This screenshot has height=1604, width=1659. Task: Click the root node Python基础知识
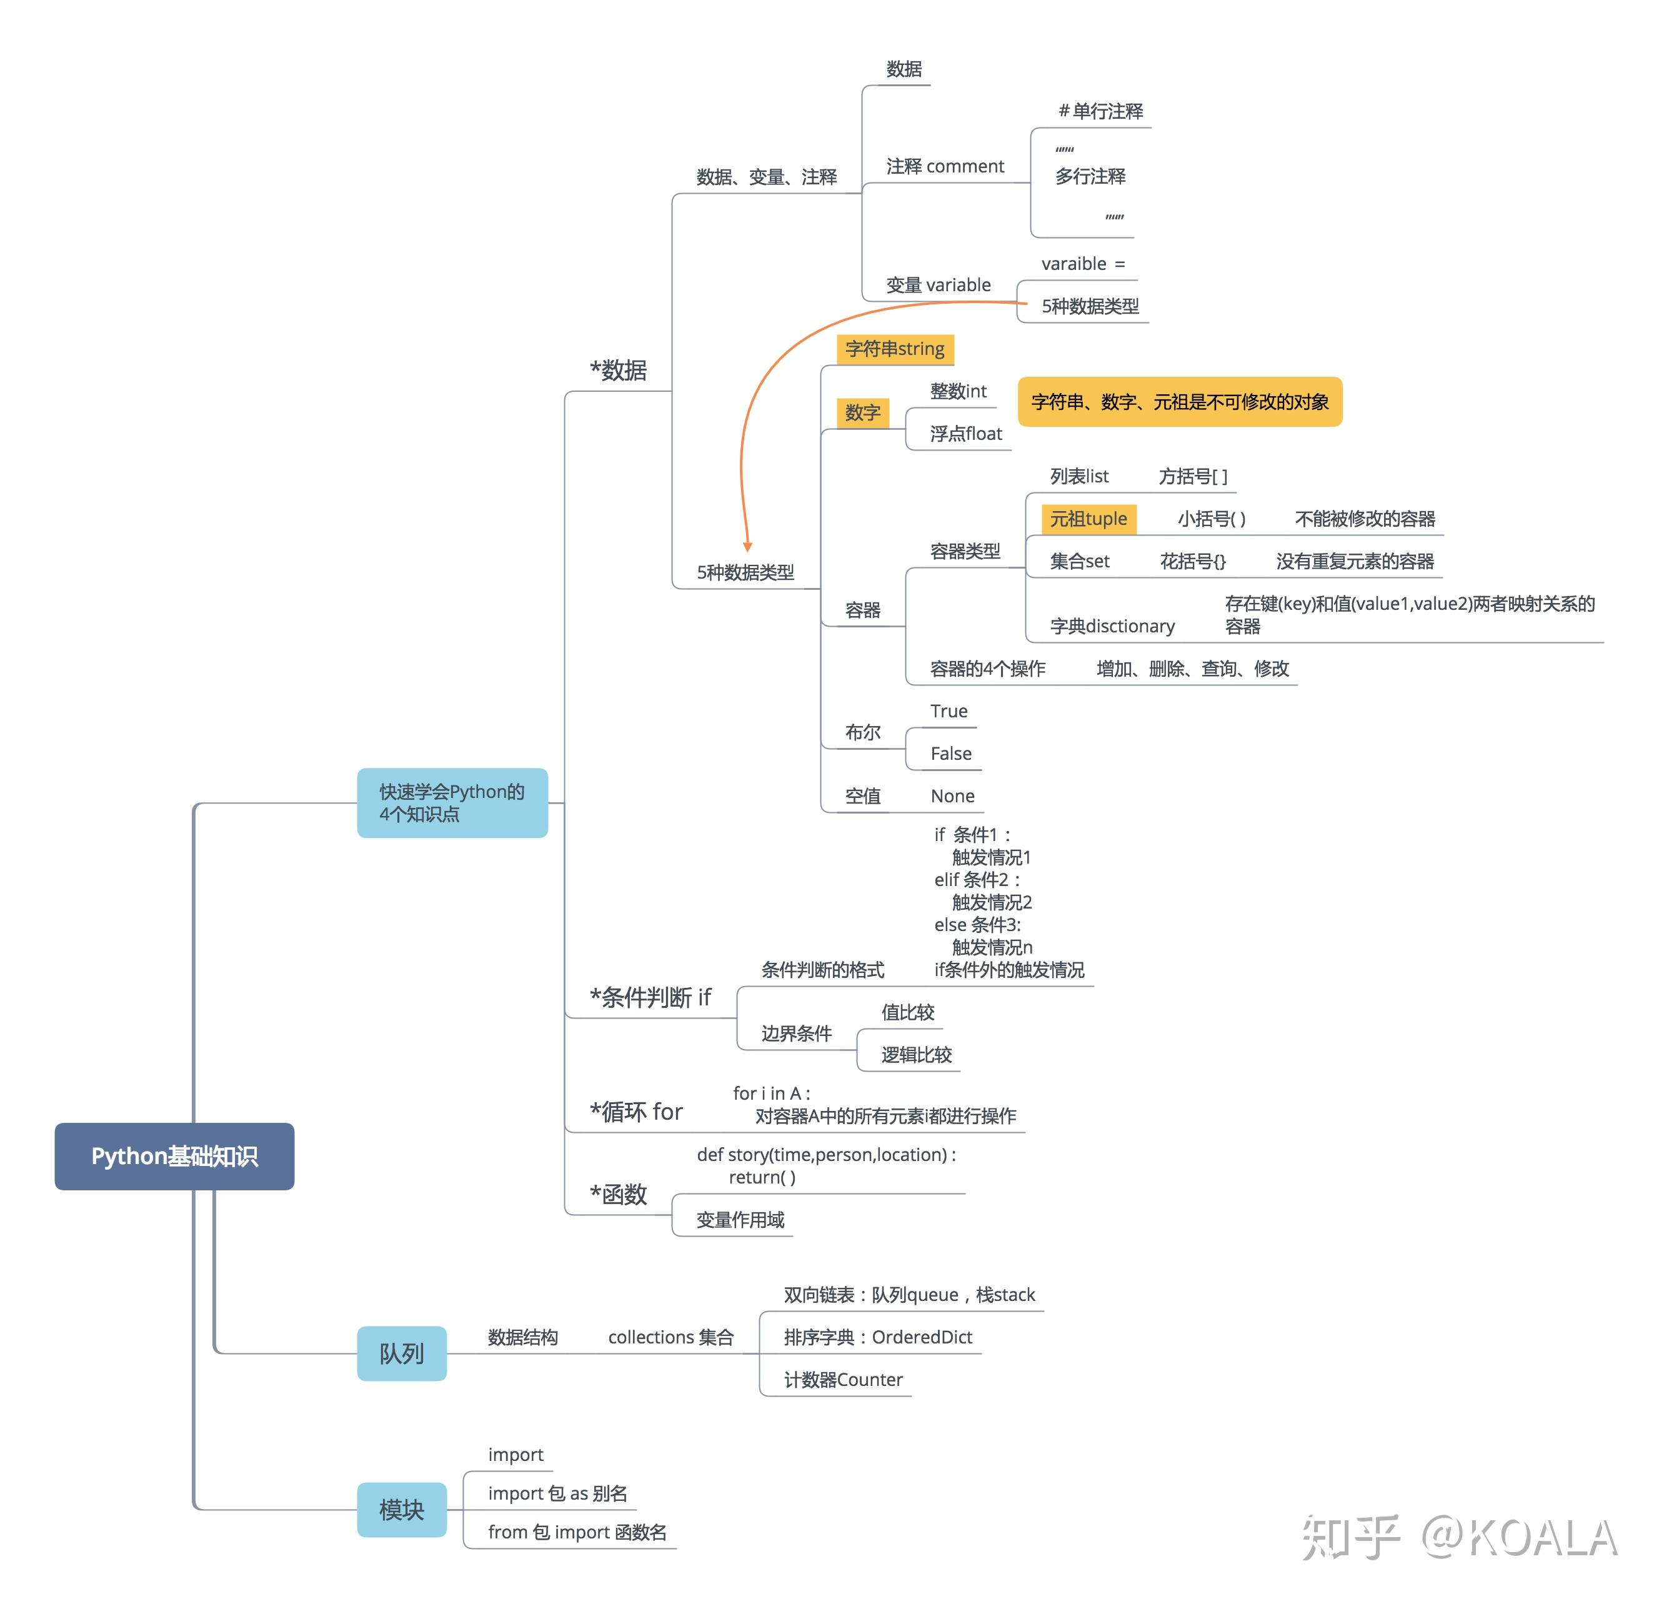pos(174,1156)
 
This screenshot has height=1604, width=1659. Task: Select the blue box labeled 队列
pos(401,1353)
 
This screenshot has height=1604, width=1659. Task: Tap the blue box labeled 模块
pos(401,1509)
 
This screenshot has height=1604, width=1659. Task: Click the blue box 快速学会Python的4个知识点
pos(452,802)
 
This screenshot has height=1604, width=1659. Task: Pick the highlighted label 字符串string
pos(895,349)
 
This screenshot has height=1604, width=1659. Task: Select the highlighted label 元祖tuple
pos(1088,519)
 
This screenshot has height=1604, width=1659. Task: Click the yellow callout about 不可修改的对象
pos(1179,402)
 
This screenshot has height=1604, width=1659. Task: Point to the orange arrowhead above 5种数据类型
pos(747,546)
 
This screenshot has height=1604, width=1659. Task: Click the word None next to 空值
pos(952,795)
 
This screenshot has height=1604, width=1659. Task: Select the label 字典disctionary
pos(1112,626)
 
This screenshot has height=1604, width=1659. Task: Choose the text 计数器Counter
pos(843,1380)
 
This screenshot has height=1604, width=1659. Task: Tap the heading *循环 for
pos(635,1112)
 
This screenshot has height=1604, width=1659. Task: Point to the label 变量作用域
pos(740,1220)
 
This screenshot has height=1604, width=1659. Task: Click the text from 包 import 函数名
pos(576,1532)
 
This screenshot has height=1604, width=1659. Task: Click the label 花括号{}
pos(1192,561)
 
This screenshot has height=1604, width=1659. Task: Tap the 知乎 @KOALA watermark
pos(1458,1537)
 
